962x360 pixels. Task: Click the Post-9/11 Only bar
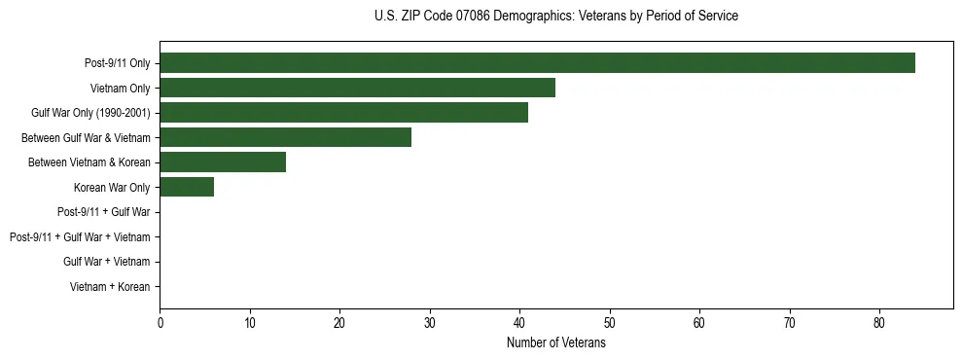[x=537, y=63]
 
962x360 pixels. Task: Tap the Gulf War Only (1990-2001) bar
[x=343, y=113]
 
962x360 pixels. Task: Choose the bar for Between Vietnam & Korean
[x=223, y=162]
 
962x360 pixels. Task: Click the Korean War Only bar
[x=187, y=187]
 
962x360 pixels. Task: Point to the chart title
[x=555, y=17]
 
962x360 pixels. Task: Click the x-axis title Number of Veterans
[x=555, y=343]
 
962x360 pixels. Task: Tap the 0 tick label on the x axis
[x=160, y=324]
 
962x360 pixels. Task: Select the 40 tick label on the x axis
[x=519, y=324]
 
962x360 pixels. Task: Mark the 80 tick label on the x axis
[x=879, y=324]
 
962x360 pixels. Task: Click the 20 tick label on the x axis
[x=339, y=324]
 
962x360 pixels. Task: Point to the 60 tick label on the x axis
[x=699, y=324]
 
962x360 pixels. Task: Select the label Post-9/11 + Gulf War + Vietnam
[x=80, y=237]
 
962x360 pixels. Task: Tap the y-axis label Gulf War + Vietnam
[x=107, y=262]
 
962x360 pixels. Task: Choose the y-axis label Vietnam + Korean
[x=110, y=287]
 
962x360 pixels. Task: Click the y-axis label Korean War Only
[x=112, y=188]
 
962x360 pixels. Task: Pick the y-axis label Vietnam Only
[x=120, y=89]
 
